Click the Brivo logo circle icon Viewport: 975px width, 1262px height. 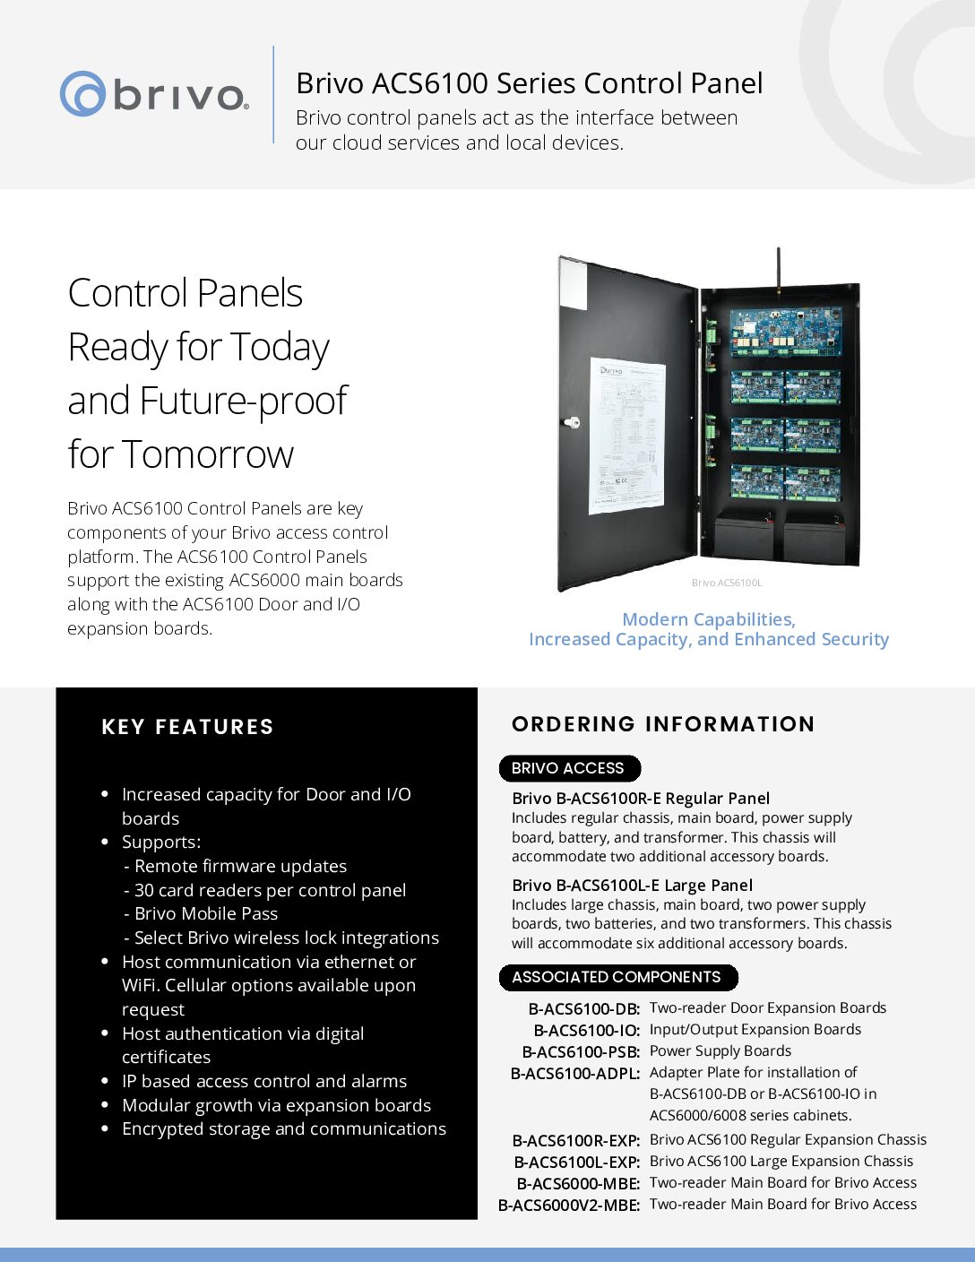pyautogui.click(x=83, y=93)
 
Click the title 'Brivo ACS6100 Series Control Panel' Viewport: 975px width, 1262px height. pyautogui.click(x=529, y=83)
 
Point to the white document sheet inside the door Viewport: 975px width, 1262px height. pyautogui.click(x=626, y=437)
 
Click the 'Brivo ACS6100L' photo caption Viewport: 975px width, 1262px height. pyautogui.click(x=727, y=583)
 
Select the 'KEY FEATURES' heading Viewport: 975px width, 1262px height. pyautogui.click(x=187, y=727)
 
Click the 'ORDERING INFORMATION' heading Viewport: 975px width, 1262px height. pyautogui.click(x=663, y=724)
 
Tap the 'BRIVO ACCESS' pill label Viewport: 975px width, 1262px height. pyautogui.click(x=568, y=768)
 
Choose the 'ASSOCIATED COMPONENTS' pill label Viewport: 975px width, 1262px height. pyautogui.click(x=617, y=977)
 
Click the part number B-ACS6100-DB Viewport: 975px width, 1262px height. pyautogui.click(x=583, y=1008)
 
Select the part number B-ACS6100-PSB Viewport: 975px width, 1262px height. pyautogui.click(x=581, y=1051)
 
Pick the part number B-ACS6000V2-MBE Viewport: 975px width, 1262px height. pyautogui.click(x=569, y=1205)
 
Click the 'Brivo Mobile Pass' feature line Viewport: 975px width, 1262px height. pyautogui.click(x=205, y=913)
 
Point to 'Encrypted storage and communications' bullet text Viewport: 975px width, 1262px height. pyautogui.click(x=283, y=1128)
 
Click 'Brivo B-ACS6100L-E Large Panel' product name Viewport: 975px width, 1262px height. pyautogui.click(x=632, y=885)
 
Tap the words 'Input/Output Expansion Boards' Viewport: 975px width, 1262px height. pyautogui.click(x=755, y=1029)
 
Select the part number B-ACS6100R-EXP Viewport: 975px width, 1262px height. pyautogui.click(x=575, y=1140)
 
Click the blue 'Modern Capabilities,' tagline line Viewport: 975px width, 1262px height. pyautogui.click(x=708, y=619)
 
